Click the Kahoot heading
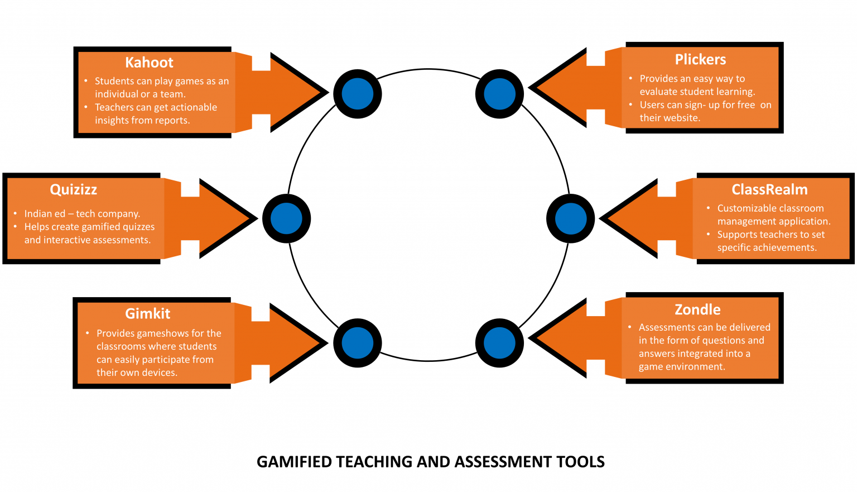149,63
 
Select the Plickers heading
700,60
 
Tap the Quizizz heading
74,190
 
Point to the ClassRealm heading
769,190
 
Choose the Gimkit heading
147,314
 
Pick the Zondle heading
697,310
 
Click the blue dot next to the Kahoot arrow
357,94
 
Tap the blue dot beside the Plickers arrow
499,94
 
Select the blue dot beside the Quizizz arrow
286,218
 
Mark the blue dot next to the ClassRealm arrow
571,218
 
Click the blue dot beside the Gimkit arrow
357,343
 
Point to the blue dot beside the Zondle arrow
499,343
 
